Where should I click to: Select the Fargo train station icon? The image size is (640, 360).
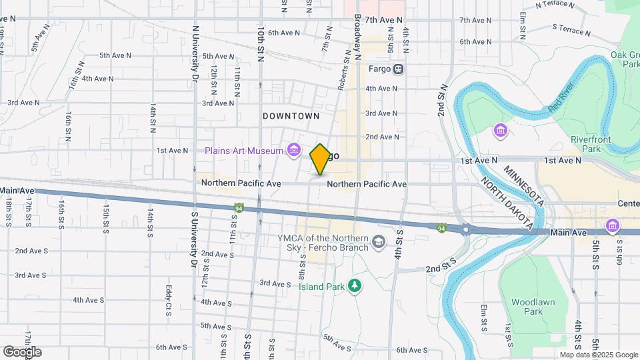point(398,69)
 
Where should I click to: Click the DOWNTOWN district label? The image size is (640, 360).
point(291,116)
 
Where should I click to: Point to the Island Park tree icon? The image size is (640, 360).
point(356,285)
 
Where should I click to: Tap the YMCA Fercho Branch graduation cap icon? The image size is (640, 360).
point(379,241)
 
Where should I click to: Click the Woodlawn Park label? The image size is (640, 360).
point(533,307)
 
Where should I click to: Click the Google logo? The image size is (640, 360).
point(21,351)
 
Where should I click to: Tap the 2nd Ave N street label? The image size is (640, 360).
point(382,137)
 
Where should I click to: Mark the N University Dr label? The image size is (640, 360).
point(195,53)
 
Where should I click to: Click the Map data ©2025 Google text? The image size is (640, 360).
point(598,355)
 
